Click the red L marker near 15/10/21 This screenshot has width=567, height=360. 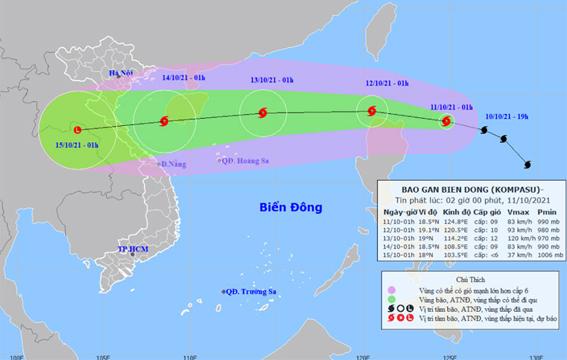pos(77,127)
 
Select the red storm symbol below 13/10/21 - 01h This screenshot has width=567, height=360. pos(262,114)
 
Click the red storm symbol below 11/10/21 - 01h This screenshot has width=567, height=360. pos(447,123)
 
